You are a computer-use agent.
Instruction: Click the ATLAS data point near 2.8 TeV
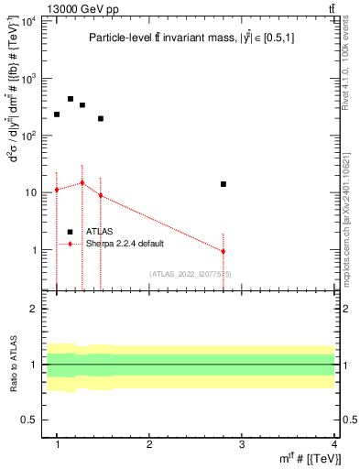tap(223, 184)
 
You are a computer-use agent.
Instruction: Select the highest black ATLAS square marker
tap(71, 99)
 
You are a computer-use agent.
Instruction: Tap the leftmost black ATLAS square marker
tap(57, 115)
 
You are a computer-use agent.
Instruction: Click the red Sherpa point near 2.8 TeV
tap(223, 251)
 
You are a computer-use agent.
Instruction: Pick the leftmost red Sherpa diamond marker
tap(57, 190)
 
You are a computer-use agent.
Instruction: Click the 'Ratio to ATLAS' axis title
tap(14, 365)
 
